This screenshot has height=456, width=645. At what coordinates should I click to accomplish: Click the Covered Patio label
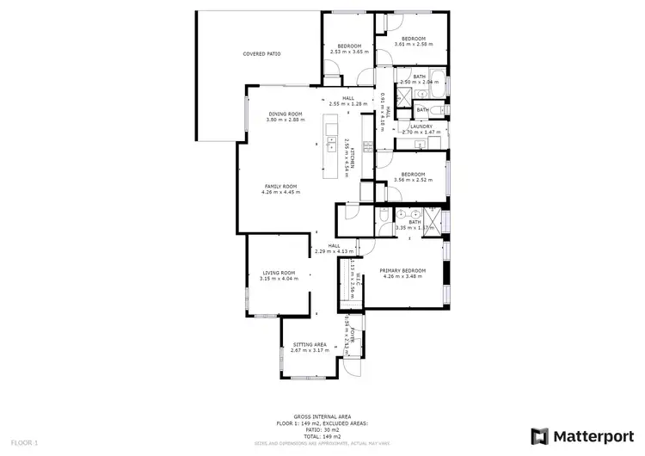tap(261, 54)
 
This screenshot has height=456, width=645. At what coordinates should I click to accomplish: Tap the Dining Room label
tap(285, 114)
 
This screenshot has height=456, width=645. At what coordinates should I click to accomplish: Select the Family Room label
tap(279, 187)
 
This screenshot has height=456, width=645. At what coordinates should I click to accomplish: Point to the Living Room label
tap(279, 273)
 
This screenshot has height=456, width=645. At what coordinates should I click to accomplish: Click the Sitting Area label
tap(309, 344)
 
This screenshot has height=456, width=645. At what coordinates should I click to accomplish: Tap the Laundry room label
tap(421, 126)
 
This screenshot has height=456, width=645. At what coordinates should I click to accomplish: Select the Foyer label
tap(352, 328)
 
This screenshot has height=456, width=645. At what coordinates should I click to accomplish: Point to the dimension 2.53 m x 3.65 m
tap(348, 51)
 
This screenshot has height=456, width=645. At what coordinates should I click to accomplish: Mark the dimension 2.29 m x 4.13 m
tap(335, 251)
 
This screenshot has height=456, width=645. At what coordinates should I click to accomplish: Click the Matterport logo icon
tap(540, 436)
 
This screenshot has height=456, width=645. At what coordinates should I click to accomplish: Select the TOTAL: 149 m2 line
tap(321, 435)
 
